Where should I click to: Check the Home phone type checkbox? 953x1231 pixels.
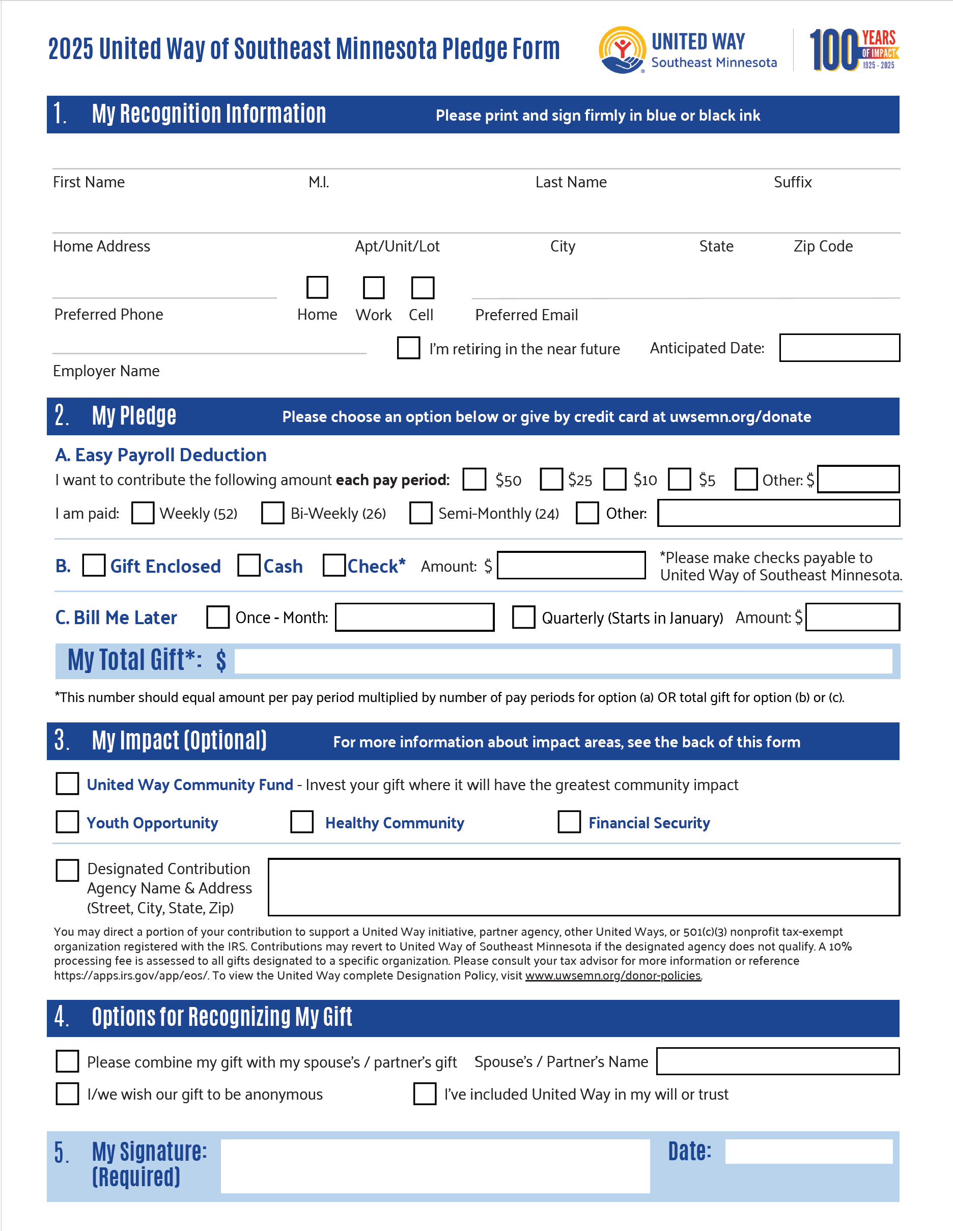pyautogui.click(x=317, y=288)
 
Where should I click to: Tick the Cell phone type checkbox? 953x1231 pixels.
pyautogui.click(x=423, y=288)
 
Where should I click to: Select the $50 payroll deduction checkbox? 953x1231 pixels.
pyautogui.click(x=474, y=479)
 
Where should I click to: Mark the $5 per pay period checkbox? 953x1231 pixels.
pyautogui.click(x=680, y=479)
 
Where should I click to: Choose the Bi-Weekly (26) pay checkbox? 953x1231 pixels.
pyautogui.click(x=273, y=513)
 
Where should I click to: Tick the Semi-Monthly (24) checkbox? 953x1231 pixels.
pyautogui.click(x=421, y=513)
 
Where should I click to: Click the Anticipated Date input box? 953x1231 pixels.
pyautogui.click(x=839, y=348)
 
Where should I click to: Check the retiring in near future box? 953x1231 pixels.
pyautogui.click(x=409, y=348)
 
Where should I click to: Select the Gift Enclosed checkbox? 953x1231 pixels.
pyautogui.click(x=94, y=565)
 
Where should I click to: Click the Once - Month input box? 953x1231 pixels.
pyautogui.click(x=414, y=617)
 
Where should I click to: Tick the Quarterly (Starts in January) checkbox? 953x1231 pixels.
pyautogui.click(x=523, y=617)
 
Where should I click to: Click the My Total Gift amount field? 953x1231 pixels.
pyautogui.click(x=563, y=661)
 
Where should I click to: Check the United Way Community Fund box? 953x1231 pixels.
pyautogui.click(x=68, y=784)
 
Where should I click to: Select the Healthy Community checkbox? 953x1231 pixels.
pyautogui.click(x=302, y=822)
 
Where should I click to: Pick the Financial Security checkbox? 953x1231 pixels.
pyautogui.click(x=569, y=822)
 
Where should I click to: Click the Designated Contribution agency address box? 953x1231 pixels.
pyautogui.click(x=583, y=887)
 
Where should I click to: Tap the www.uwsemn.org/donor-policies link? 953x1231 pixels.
pyautogui.click(x=613, y=975)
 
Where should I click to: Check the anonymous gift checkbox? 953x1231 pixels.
pyautogui.click(x=68, y=1094)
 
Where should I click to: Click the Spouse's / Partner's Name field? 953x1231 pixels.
pyautogui.click(x=778, y=1061)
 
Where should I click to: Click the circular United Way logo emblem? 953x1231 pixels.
pyautogui.click(x=622, y=49)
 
